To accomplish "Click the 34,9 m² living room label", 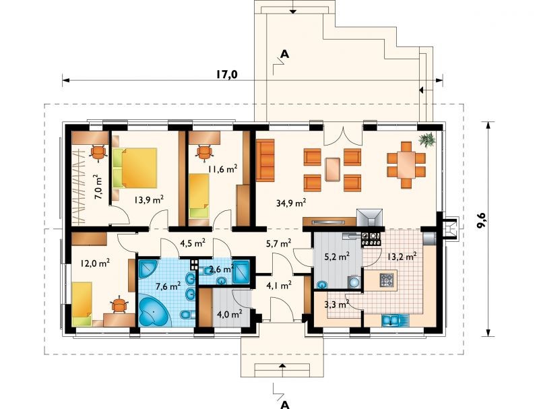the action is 291,203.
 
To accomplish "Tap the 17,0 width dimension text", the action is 227,74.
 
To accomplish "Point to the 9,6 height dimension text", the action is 482,219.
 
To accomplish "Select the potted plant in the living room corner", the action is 427,139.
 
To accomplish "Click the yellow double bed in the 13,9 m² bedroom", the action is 135,168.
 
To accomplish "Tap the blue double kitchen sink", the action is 391,320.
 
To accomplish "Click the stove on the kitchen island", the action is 387,280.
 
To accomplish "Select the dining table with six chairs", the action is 406,165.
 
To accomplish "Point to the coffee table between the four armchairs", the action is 332,169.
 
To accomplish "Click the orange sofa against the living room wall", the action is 265,160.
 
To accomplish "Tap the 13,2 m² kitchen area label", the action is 402,256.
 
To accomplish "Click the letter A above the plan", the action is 285,54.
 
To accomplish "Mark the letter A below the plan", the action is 284,404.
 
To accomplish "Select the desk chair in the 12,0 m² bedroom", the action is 119,305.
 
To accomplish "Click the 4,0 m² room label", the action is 230,314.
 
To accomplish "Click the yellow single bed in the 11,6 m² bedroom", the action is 199,196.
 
